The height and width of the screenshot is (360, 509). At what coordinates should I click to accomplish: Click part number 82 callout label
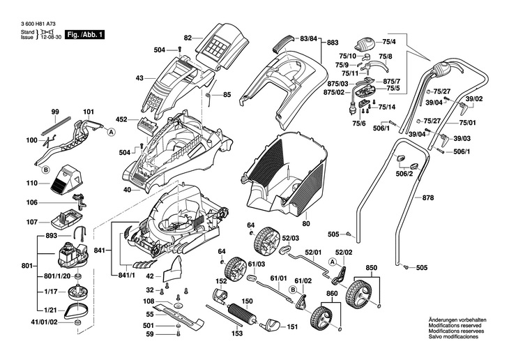pos(188,37)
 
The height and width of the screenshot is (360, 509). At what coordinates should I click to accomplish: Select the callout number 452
pos(121,119)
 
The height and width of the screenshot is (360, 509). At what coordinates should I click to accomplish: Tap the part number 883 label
pos(333,43)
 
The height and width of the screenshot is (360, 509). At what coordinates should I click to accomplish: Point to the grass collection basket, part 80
pos(286,174)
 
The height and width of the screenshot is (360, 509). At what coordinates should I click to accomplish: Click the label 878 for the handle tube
pos(427,198)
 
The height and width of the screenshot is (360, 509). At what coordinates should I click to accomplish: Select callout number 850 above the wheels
pos(371,267)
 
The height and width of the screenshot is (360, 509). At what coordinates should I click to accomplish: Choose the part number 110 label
pos(31,183)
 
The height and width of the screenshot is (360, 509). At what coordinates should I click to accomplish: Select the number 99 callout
pos(55,112)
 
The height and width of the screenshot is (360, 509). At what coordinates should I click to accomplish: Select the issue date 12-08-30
pos(50,38)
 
